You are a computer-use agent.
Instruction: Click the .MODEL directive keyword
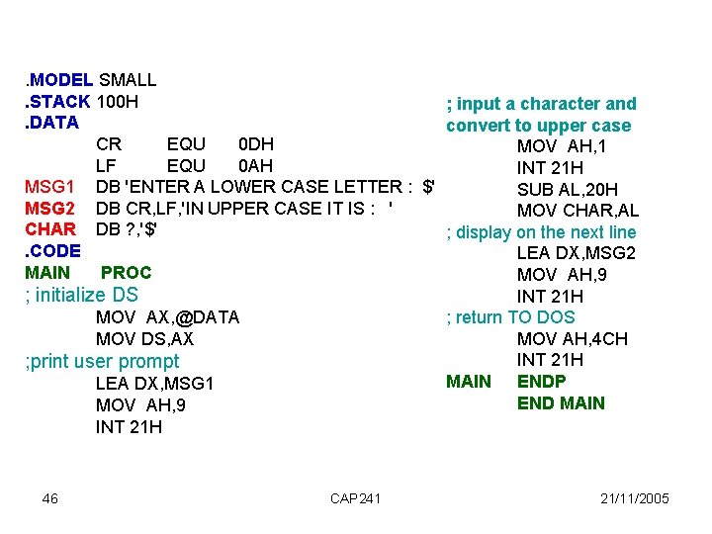[x=59, y=79]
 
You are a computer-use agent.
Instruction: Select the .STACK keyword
[x=58, y=101]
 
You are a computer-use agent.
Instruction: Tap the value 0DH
[x=256, y=144]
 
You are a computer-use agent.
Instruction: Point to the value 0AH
[x=256, y=165]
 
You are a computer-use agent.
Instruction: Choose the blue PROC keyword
[x=127, y=272]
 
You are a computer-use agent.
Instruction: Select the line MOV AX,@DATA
[x=167, y=317]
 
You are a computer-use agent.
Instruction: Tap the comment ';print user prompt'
[x=102, y=361]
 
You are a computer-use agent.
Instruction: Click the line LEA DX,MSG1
[x=154, y=384]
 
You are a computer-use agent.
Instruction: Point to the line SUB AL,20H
[x=568, y=189]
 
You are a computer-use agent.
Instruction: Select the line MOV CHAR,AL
[x=578, y=211]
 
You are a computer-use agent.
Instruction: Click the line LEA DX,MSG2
[x=576, y=253]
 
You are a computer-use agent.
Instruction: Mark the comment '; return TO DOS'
[x=504, y=317]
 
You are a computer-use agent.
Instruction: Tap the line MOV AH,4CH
[x=572, y=339]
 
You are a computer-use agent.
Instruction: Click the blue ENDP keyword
[x=542, y=382]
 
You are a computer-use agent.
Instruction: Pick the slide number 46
[x=50, y=498]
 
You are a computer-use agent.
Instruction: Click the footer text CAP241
[x=355, y=498]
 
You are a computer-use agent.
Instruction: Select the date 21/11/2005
[x=635, y=498]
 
